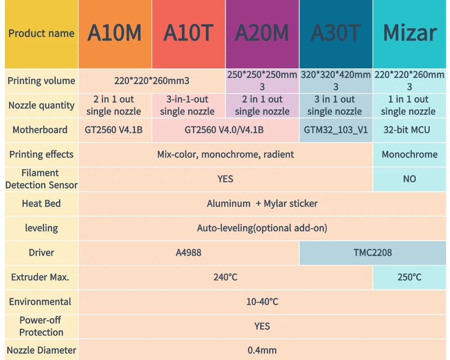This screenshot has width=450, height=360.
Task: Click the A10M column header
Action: [x=114, y=33]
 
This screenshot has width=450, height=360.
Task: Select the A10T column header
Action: [x=188, y=33]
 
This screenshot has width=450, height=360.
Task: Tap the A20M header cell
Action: [x=262, y=33]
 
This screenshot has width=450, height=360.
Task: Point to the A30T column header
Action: [x=336, y=33]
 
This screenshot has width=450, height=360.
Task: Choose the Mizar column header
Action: [x=409, y=33]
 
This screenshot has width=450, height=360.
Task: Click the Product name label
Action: [x=41, y=33]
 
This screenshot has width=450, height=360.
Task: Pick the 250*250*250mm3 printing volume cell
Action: [x=262, y=81]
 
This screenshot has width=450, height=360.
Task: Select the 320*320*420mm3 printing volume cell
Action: [x=336, y=81]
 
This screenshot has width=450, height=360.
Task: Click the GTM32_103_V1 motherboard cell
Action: [x=336, y=130]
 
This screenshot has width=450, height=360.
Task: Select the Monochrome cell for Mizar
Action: [x=409, y=154]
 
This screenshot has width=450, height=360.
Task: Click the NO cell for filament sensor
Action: [x=409, y=179]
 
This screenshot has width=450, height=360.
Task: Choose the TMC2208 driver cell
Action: [x=373, y=252]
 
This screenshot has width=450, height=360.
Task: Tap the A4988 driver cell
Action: [x=189, y=252]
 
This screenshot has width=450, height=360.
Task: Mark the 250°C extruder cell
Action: [x=409, y=277]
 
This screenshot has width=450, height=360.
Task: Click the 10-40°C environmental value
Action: [x=262, y=301]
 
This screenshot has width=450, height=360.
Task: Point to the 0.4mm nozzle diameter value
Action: [x=262, y=350]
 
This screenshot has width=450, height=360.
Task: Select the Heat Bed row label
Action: [x=41, y=203]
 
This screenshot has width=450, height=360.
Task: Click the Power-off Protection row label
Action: [x=41, y=326]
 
